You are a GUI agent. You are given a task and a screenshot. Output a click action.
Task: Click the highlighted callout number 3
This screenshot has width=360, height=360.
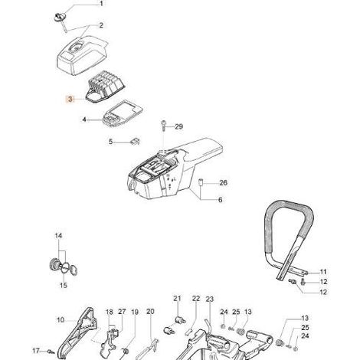click(x=70, y=99)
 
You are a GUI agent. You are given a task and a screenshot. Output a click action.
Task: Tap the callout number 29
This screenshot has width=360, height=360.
click(x=178, y=126)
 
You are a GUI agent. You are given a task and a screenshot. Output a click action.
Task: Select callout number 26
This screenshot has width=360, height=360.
click(x=223, y=183)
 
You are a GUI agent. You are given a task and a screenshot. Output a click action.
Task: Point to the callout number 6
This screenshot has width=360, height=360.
click(x=221, y=200)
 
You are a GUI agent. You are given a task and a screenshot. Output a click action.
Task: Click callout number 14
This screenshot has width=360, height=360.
click(x=58, y=236)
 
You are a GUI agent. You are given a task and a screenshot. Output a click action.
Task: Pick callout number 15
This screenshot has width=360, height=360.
click(x=64, y=285)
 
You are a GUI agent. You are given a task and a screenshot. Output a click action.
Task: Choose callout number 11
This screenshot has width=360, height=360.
click(x=323, y=272)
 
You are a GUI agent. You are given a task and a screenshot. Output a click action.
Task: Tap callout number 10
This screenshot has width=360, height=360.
click(x=61, y=319)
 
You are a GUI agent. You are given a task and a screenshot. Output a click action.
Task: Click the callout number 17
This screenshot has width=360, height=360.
click(x=36, y=351)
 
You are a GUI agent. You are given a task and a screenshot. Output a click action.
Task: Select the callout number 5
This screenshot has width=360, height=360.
click(x=110, y=142)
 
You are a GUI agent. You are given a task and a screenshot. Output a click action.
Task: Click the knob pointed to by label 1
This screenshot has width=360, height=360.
click(x=59, y=18)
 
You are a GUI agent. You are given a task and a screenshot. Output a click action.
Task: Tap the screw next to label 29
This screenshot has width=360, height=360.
click(x=163, y=126)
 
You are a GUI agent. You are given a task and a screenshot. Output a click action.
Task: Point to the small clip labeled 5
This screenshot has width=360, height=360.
click(x=136, y=141)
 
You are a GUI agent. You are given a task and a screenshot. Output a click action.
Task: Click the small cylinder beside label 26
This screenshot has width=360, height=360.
click(x=201, y=182)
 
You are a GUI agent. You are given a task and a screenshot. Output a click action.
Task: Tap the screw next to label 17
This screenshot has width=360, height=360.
click(x=51, y=352)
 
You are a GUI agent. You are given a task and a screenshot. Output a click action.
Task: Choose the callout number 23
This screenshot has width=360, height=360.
click(x=210, y=299)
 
